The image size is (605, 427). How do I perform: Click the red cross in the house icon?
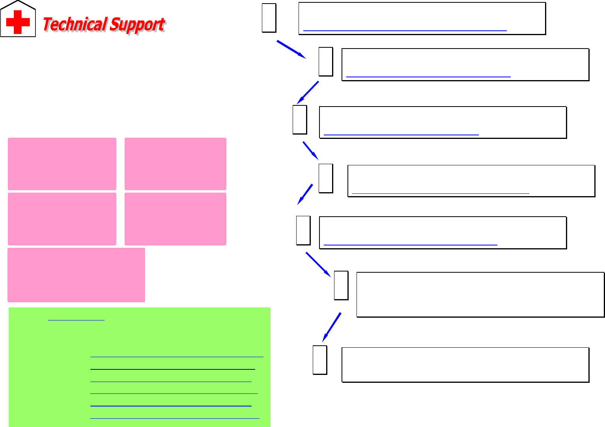click(18, 22)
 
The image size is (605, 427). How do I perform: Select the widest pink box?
click(76, 275)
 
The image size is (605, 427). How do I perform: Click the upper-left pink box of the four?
click(62, 164)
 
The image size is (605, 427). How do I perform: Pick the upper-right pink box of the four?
click(175, 164)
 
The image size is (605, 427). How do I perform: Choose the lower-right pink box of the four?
click(175, 219)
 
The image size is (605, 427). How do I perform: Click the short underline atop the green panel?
click(76, 320)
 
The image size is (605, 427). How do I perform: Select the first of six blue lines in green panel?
click(176, 357)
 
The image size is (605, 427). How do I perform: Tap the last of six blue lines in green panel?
click(175, 418)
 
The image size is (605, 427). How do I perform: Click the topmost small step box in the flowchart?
click(269, 18)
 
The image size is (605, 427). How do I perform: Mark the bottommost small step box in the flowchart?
click(320, 360)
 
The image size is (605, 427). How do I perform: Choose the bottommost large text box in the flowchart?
click(465, 365)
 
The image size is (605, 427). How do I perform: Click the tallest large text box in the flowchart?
click(480, 294)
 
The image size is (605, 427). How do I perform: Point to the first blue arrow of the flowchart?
click(291, 49)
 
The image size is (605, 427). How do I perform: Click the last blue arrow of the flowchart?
click(331, 327)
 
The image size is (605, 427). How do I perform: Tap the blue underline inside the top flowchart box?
click(405, 30)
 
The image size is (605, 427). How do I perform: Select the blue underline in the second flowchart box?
click(428, 77)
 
